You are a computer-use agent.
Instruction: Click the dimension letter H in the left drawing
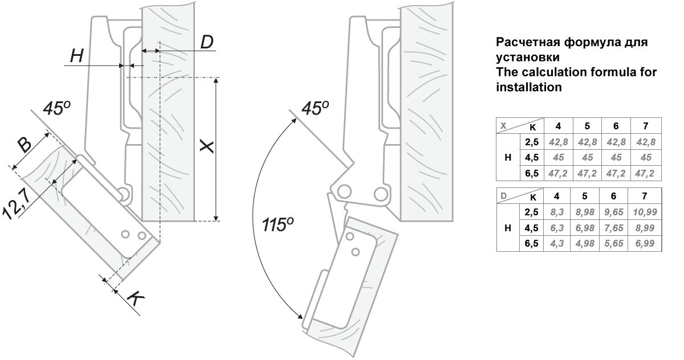click(77, 55)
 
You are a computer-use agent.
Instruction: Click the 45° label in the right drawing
click(315, 108)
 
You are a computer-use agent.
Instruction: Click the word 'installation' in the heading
click(529, 88)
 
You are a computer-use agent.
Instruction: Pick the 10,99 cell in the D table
click(644, 212)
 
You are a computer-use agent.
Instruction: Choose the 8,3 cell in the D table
click(556, 212)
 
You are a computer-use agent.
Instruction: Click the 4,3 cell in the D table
click(556, 244)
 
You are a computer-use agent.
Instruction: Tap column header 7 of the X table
click(645, 125)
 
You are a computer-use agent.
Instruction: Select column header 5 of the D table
click(585, 197)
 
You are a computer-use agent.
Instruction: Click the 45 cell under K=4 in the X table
click(558, 157)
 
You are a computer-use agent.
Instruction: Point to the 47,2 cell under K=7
click(645, 173)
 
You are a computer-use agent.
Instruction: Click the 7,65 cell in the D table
click(613, 228)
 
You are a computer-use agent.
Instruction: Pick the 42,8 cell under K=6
click(616, 142)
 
